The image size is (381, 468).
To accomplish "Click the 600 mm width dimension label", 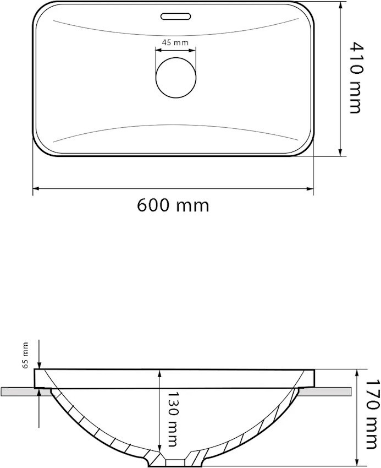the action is (173, 205).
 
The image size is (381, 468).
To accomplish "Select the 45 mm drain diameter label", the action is (175, 42).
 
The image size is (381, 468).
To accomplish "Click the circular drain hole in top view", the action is (176, 78).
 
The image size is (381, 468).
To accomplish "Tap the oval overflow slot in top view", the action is (175, 17).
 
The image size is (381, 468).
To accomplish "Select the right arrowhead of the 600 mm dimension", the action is (310, 189).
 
